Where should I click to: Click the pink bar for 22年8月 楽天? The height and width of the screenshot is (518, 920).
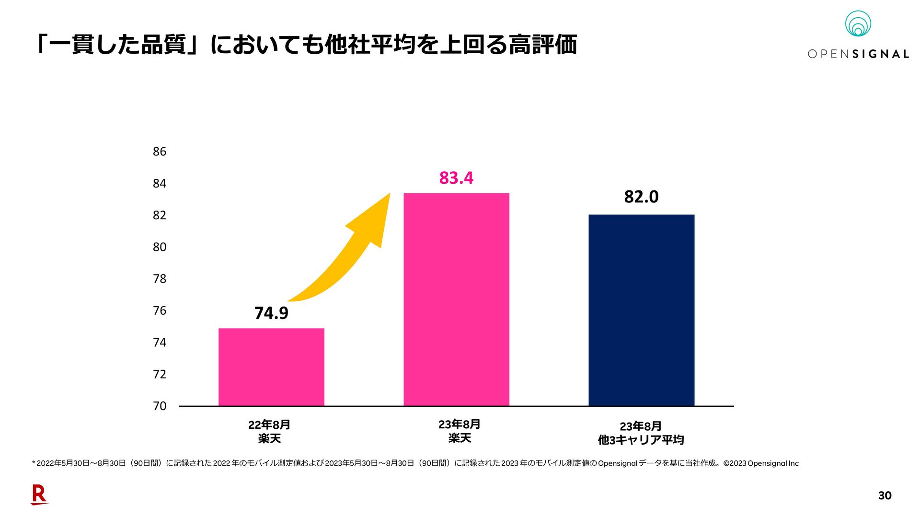point(271,367)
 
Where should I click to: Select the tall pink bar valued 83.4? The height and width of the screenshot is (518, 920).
point(456,299)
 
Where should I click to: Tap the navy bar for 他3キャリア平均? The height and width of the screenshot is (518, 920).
point(641,310)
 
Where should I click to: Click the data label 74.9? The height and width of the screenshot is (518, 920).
point(271,313)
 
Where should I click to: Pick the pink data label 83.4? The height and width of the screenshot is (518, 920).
point(456,178)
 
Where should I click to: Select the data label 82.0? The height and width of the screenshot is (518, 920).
point(641,197)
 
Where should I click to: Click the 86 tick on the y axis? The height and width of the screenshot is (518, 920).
point(160,152)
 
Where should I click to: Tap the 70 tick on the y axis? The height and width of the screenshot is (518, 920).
point(160,406)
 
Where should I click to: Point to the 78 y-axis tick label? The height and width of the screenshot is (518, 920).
point(160,279)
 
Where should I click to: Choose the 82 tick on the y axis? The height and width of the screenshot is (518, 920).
point(160,215)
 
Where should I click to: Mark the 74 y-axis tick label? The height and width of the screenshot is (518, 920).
point(160,342)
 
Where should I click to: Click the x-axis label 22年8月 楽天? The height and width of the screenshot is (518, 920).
point(269,431)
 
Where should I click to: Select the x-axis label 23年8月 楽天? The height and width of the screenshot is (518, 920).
point(459,431)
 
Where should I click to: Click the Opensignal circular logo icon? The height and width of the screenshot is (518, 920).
point(858,24)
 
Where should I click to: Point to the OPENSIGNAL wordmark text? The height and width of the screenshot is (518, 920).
point(858,54)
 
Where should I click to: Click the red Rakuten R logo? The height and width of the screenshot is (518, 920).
point(39,494)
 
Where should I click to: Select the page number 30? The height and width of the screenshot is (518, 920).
point(885,495)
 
